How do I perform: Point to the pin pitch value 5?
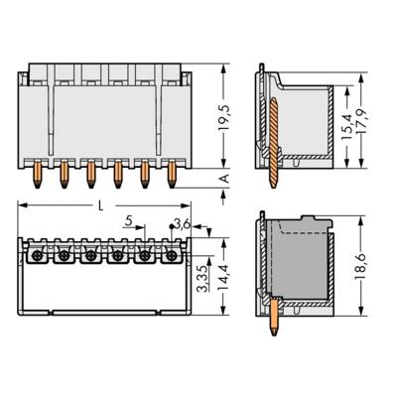pos(128,222)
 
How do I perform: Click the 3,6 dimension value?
pos(181,223)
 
